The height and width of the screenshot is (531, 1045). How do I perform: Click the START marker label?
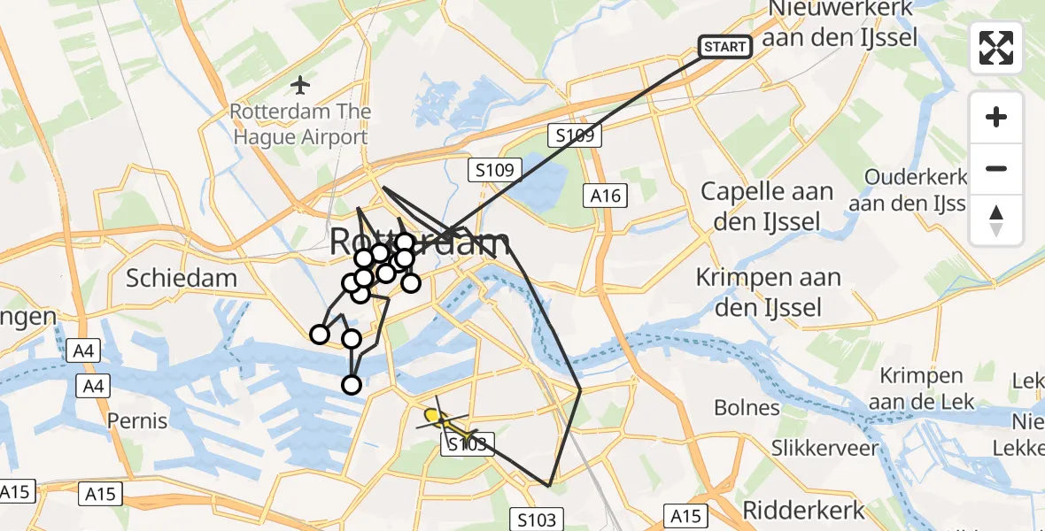[x=725, y=46]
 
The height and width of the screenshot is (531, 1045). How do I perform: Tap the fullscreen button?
[x=996, y=48]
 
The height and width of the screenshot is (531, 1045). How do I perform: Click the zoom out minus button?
[x=996, y=169]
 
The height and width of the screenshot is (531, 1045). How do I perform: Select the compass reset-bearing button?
[x=996, y=220]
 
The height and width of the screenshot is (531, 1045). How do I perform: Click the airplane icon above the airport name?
[x=300, y=85]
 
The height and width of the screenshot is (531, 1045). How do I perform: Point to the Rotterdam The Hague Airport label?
[x=299, y=125]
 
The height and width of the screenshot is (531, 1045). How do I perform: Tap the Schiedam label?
[x=182, y=278]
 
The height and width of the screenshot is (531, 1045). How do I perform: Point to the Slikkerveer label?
[x=824, y=447]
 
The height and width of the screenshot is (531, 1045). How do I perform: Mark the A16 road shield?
[x=606, y=196]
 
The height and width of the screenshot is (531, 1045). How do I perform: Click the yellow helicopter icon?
[x=435, y=416]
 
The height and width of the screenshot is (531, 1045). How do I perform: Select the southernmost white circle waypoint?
[x=352, y=384]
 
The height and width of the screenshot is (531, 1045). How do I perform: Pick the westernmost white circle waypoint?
[x=319, y=334]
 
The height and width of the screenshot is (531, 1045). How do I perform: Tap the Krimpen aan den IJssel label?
[x=768, y=292]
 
